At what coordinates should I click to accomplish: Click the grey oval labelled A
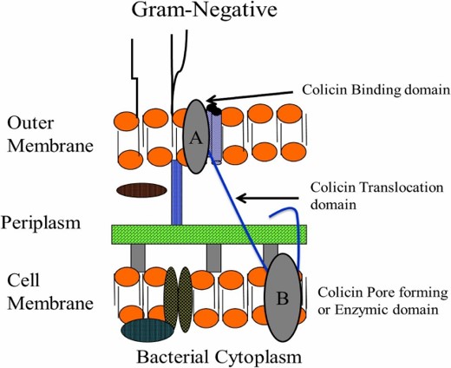coord(196,136)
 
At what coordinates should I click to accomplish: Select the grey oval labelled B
coord(283,297)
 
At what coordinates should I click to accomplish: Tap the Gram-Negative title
coord(205,10)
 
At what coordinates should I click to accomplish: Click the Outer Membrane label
coord(50,134)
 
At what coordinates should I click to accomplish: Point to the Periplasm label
coord(41,223)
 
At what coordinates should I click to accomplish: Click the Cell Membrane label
coord(50,292)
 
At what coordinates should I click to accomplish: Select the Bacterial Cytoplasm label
coord(219,357)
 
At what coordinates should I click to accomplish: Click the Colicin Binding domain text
coord(376,90)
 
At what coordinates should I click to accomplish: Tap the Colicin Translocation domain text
coord(376,196)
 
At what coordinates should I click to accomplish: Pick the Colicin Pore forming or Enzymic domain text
coord(382,301)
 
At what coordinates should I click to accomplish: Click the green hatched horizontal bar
coord(209,234)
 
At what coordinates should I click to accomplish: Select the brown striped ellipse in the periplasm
coord(141,190)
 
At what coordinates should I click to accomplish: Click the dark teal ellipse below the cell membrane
coord(147,331)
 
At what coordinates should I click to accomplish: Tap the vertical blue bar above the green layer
coord(177,193)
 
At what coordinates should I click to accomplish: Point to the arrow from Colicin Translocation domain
coord(268,199)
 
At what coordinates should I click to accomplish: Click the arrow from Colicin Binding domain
coord(250,96)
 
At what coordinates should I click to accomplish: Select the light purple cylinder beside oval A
coord(215,137)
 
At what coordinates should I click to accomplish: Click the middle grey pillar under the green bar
coord(214,258)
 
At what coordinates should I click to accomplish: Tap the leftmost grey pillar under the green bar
coord(138,258)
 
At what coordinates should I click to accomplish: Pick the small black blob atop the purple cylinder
coord(214,109)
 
